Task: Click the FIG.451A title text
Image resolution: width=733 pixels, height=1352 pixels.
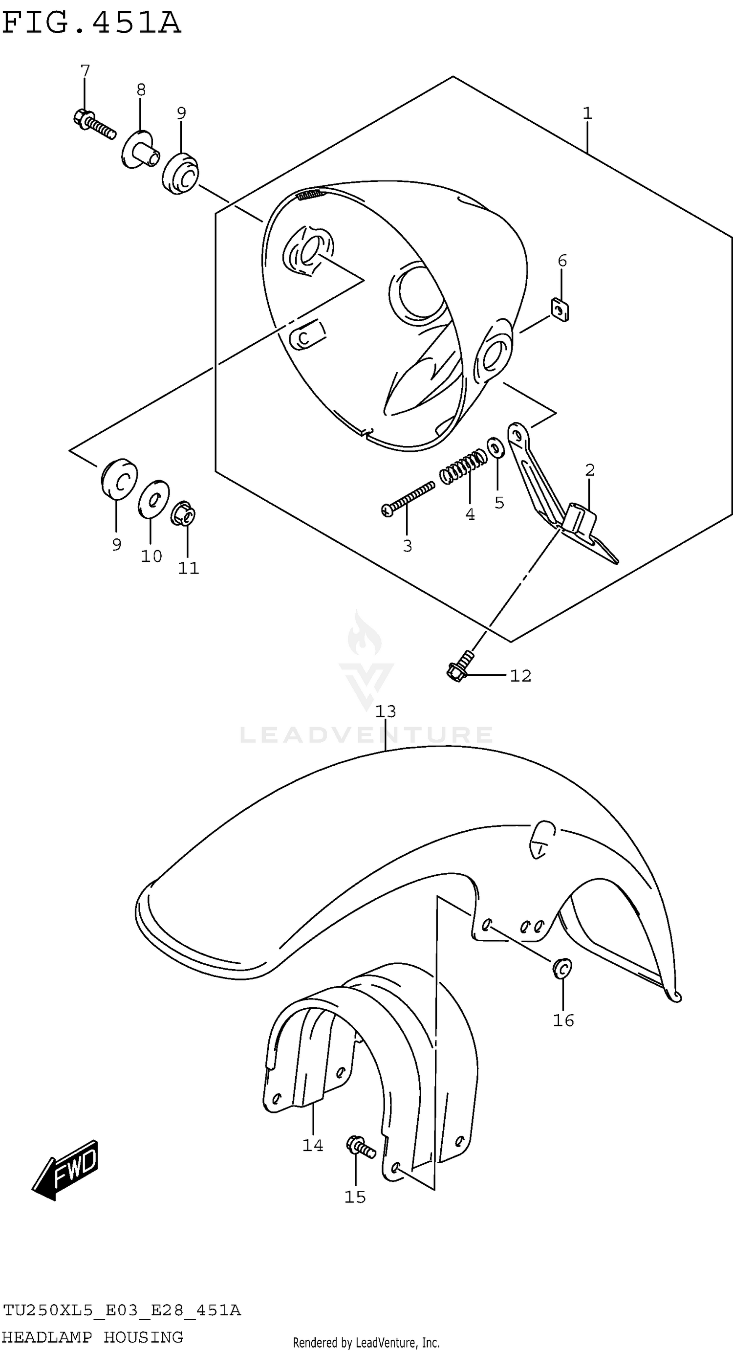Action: click(91, 24)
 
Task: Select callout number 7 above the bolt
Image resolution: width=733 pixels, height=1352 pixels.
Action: click(85, 70)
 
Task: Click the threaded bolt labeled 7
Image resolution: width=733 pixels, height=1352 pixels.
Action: click(94, 123)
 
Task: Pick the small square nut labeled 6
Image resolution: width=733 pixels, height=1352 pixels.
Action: click(561, 310)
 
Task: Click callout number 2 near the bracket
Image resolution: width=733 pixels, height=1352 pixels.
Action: click(590, 470)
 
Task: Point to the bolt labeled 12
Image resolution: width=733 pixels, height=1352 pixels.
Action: click(460, 665)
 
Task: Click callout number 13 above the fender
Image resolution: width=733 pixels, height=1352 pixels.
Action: click(386, 711)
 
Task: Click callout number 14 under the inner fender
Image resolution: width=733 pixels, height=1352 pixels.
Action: click(313, 1145)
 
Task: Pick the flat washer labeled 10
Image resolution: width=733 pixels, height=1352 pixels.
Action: click(154, 498)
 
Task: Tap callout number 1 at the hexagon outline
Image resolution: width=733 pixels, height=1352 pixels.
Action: click(587, 113)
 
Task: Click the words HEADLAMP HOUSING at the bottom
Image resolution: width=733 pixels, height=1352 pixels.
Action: click(93, 1336)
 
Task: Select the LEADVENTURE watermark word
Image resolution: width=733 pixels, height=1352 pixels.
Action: click(366, 735)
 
